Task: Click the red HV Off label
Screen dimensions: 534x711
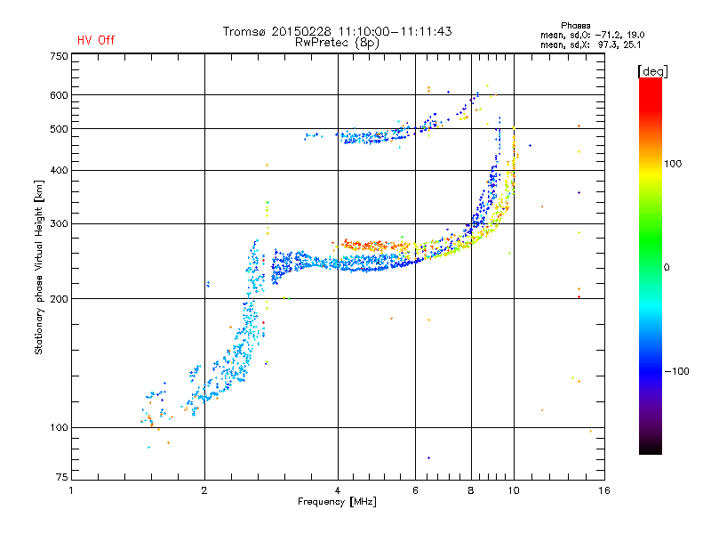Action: coord(96,40)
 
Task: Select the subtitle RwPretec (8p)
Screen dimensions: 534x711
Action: coord(338,42)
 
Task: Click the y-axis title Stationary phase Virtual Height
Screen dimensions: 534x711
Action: coord(39,268)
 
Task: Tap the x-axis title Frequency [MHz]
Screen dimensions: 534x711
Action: coord(337,502)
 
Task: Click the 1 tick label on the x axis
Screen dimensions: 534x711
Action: coord(72,490)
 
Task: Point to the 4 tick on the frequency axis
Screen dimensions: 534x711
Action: coord(338,490)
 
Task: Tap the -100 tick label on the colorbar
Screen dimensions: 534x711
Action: coord(678,371)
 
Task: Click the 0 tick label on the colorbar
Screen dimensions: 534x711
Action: coord(668,267)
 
